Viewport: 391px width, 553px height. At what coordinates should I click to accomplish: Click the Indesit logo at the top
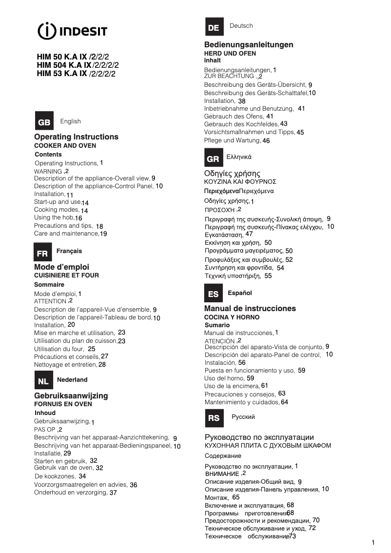click(x=72, y=31)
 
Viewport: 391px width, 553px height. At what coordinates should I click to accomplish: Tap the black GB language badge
click(x=44, y=122)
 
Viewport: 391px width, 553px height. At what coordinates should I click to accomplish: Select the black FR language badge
click(x=42, y=253)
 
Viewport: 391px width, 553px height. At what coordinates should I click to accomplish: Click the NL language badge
click(x=43, y=381)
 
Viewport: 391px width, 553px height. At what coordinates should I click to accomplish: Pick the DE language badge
click(x=214, y=27)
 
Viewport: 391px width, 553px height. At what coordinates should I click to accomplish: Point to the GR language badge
click(x=213, y=158)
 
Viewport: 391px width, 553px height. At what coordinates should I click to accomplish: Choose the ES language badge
click(x=213, y=294)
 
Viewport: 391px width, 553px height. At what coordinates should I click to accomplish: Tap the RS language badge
click(x=214, y=418)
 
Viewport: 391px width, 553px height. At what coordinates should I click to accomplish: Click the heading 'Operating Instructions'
click(x=76, y=137)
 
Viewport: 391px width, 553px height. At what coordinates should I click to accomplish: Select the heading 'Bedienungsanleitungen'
click(x=249, y=45)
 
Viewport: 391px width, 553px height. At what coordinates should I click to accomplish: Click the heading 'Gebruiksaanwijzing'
click(x=71, y=395)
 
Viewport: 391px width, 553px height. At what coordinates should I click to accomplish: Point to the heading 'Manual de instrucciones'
click(x=250, y=309)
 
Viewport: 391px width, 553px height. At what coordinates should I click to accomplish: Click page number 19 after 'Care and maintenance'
click(x=103, y=234)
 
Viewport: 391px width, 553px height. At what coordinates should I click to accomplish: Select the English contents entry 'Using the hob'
click(x=54, y=217)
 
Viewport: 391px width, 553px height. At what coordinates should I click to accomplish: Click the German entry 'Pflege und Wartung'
click(x=232, y=140)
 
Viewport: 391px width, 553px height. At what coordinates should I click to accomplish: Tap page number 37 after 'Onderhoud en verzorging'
click(x=113, y=493)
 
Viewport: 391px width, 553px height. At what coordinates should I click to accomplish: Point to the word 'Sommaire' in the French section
click(x=49, y=284)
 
